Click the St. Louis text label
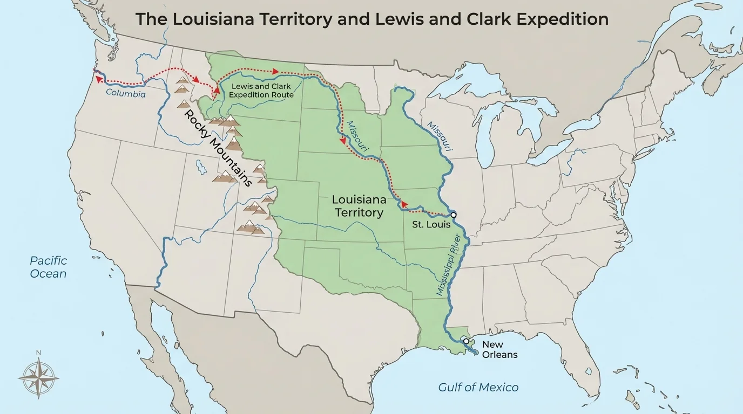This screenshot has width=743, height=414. tap(431, 224)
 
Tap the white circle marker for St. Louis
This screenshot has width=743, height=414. tap(454, 215)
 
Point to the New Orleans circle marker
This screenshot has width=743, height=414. tap(466, 341)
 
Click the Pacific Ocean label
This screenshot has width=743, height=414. tap(48, 267)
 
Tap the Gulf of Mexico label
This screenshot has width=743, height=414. tap(478, 387)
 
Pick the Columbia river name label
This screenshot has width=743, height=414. tap(126, 93)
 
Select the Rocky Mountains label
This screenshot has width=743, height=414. tap(218, 148)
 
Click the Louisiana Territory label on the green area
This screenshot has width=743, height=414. tap(359, 206)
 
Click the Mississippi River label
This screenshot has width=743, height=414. tap(452, 264)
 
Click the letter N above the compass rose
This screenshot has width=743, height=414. tap(38, 353)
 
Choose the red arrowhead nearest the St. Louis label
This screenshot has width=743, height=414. tap(403, 204)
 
